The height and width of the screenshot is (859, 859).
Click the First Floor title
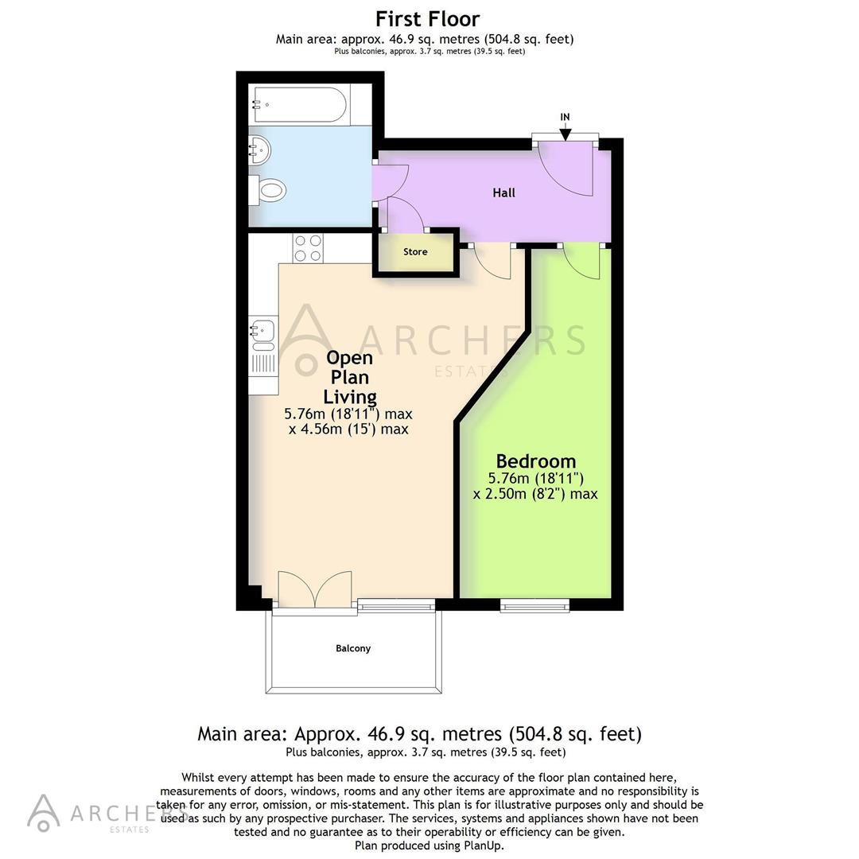[427, 18]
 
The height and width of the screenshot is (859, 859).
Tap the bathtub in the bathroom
[299, 104]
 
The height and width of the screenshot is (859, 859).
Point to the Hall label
[503, 192]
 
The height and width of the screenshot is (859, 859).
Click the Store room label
[415, 252]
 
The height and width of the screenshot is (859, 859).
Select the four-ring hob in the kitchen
[307, 248]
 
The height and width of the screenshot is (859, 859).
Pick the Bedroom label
[535, 461]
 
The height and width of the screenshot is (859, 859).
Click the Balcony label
[352, 648]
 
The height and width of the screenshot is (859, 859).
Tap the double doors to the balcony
[315, 590]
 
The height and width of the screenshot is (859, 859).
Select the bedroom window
[534, 606]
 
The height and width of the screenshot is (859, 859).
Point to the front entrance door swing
[566, 168]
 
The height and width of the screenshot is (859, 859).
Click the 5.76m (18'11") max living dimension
[348, 414]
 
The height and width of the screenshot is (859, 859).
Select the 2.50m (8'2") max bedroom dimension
[535, 494]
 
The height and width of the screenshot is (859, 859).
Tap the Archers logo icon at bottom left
[44, 812]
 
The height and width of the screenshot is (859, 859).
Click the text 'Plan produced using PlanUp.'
[429, 846]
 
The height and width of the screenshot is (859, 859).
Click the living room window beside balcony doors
[396, 606]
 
